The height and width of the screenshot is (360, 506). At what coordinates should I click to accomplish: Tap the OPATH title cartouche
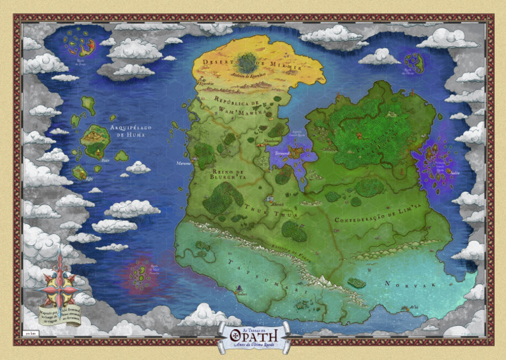pos(254,335)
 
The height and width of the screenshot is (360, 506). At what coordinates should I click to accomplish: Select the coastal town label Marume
pos(183,163)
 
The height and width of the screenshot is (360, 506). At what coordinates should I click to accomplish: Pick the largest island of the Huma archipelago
pos(96,137)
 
